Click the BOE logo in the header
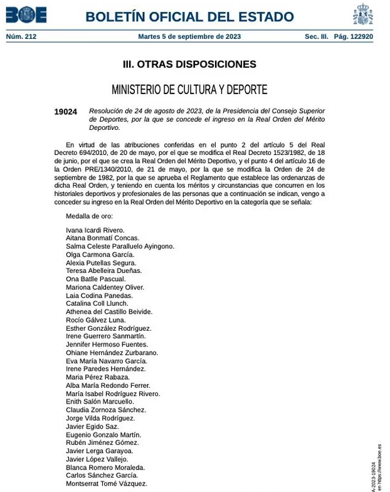(26, 14)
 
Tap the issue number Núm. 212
(21, 36)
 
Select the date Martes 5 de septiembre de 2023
(189, 36)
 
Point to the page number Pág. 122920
(353, 36)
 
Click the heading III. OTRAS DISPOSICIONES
(189, 64)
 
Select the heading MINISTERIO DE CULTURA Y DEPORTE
(189, 90)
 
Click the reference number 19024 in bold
(65, 112)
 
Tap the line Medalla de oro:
(89, 217)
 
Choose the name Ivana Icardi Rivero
(95, 230)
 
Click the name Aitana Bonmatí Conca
(102, 238)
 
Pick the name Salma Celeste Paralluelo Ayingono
(120, 247)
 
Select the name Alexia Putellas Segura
(101, 263)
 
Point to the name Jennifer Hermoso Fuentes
(107, 345)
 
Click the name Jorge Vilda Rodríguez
(100, 418)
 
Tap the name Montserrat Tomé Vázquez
(106, 484)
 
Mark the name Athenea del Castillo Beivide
(109, 312)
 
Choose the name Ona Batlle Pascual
(95, 279)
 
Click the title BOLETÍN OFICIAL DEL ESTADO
(189, 17)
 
